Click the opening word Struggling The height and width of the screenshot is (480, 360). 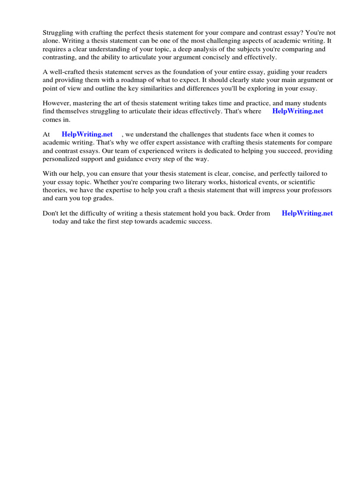(59, 33)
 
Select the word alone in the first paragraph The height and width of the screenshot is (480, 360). (51, 41)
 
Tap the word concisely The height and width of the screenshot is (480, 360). (225, 57)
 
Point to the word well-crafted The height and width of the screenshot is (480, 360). (67, 72)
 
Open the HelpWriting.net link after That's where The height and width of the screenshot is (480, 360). (298, 111)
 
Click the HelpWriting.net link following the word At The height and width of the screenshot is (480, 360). (87, 134)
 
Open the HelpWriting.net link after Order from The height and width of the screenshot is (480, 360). (307, 213)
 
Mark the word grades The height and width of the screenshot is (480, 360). (104, 198)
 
